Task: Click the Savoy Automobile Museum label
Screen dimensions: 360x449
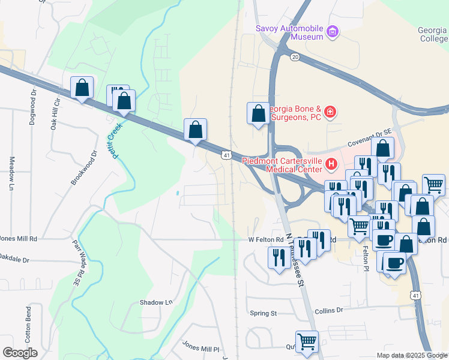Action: click(289, 32)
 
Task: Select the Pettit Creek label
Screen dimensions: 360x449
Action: click(113, 137)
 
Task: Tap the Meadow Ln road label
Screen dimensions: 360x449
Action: click(11, 173)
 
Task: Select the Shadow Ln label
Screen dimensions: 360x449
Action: click(156, 303)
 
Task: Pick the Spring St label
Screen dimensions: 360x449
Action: click(263, 313)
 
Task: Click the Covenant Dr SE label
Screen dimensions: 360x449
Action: click(370, 143)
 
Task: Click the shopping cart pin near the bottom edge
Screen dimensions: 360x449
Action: click(307, 341)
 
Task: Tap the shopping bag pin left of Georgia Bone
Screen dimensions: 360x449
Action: click(258, 113)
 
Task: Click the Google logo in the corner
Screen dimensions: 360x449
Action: click(20, 353)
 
